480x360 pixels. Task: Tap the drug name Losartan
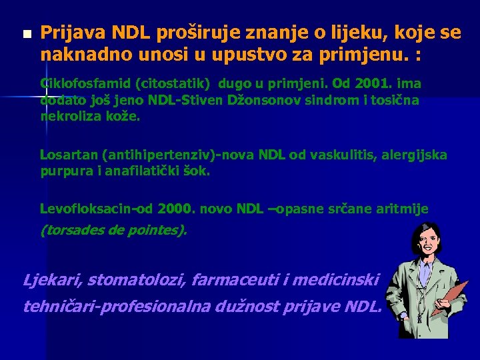69,155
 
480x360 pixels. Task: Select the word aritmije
403,209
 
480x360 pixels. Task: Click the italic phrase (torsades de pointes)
114,231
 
